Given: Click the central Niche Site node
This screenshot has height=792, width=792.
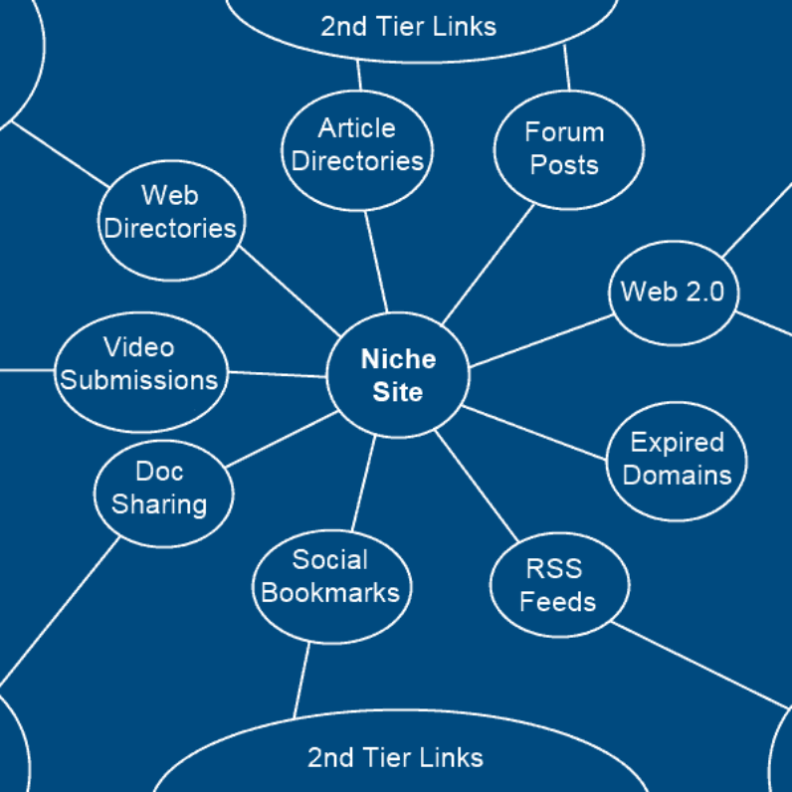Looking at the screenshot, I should (397, 375).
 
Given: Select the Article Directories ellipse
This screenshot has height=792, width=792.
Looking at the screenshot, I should (357, 145).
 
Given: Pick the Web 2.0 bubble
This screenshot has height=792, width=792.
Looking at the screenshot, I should (674, 293).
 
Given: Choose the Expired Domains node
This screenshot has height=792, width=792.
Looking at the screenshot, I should (677, 459).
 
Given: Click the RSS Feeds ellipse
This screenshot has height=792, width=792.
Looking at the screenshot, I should (559, 586).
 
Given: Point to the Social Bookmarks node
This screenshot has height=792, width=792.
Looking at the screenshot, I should (330, 577).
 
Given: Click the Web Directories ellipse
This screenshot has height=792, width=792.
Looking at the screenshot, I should (171, 213).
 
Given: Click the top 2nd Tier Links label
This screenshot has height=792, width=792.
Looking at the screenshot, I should (408, 26).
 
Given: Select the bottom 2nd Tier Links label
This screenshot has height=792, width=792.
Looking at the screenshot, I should (395, 757).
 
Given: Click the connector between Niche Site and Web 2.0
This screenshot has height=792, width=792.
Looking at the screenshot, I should (540, 342).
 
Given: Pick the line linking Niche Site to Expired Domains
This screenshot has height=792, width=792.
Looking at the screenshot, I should (535, 433).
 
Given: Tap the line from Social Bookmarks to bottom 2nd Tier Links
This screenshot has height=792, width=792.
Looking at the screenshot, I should (300, 680).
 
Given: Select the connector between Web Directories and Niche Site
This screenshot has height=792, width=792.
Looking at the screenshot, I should (289, 293).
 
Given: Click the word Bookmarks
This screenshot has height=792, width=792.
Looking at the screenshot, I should (330, 593).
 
